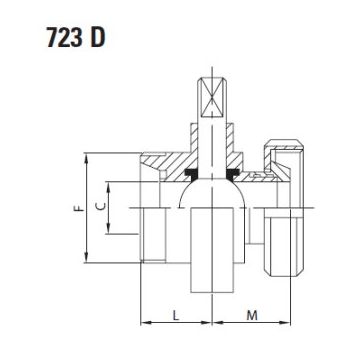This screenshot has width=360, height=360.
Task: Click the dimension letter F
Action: click(x=79, y=208)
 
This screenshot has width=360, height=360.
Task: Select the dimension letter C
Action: click(x=101, y=206)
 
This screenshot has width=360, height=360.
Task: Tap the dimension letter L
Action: click(x=176, y=315)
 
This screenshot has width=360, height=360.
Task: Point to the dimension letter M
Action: click(x=252, y=315)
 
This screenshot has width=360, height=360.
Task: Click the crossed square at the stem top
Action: click(x=212, y=97)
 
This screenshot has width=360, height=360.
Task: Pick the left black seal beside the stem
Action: click(x=191, y=173)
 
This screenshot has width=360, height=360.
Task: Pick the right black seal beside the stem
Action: click(x=233, y=173)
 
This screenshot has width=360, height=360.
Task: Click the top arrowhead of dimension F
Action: click(x=86, y=158)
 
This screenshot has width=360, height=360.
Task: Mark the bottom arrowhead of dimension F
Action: click(x=86, y=257)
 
